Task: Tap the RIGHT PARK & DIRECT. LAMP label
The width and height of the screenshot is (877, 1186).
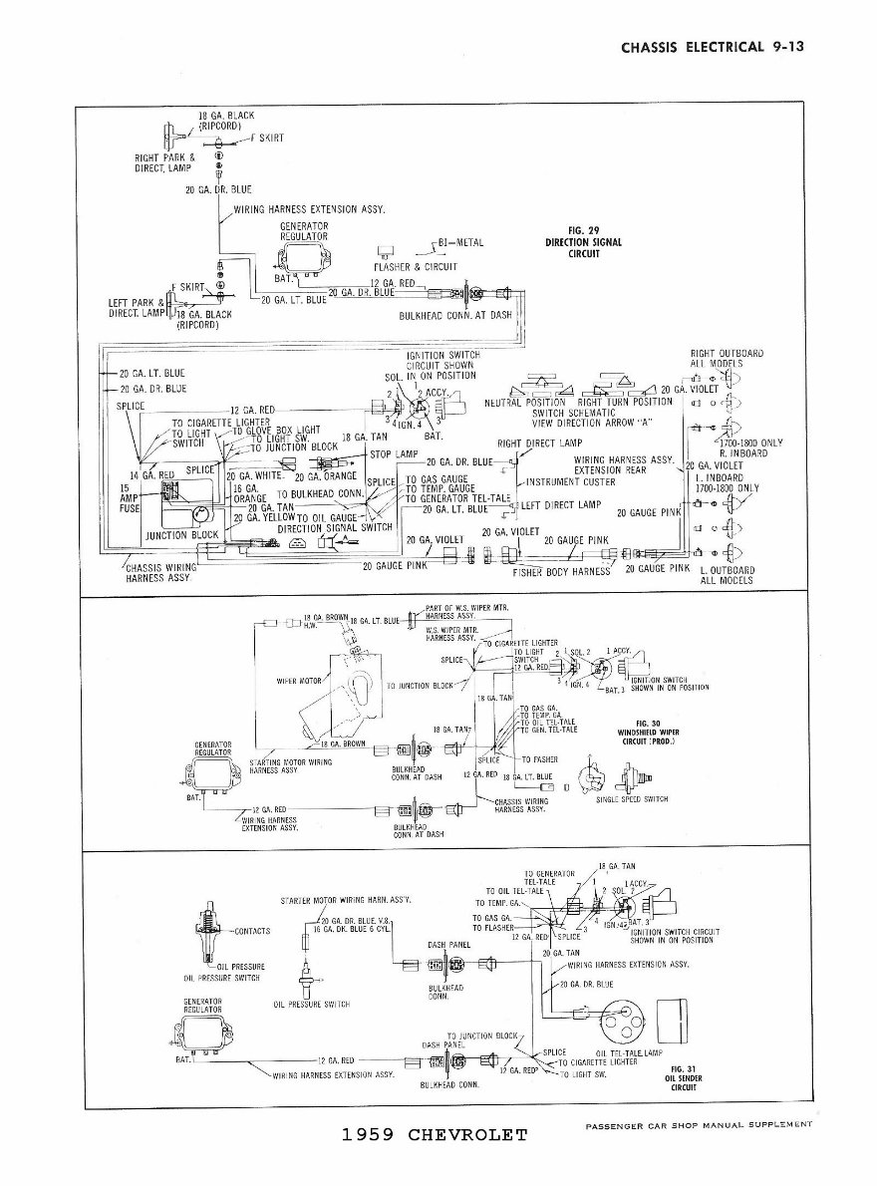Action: [165, 162]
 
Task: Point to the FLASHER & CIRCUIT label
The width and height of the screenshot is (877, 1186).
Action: [416, 267]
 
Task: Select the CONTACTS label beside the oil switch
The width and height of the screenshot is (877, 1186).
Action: [250, 931]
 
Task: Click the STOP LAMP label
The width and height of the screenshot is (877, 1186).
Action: [393, 453]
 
